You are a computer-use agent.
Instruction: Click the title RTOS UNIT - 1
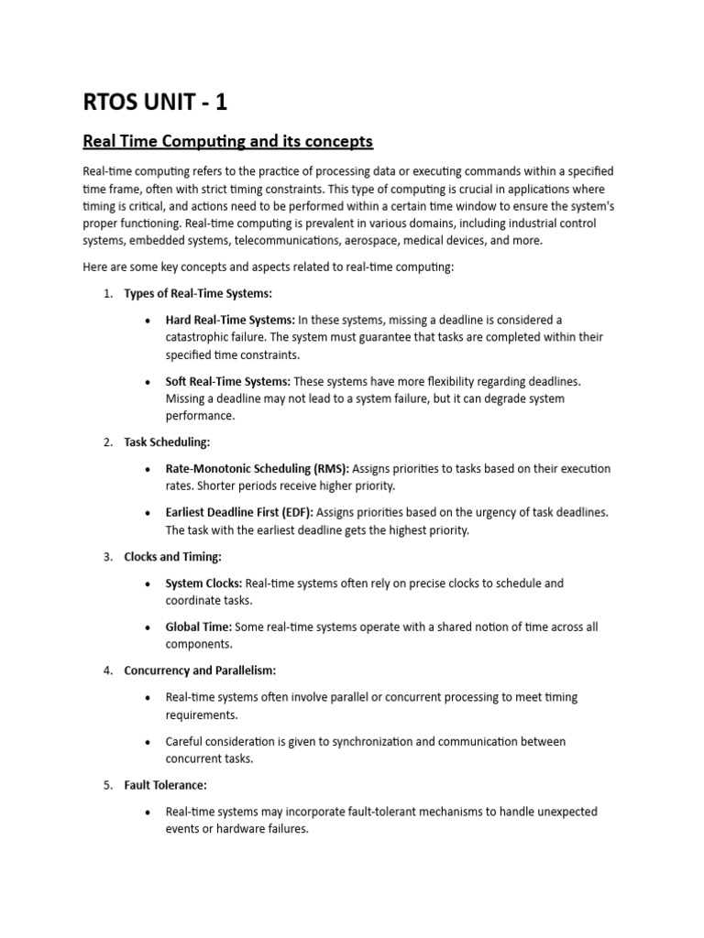click(x=155, y=102)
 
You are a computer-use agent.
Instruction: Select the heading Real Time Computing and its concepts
click(x=227, y=142)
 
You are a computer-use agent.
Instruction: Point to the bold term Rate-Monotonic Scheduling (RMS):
click(x=257, y=469)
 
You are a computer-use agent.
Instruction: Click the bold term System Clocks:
click(x=203, y=583)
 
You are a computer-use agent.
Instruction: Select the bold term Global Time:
click(x=199, y=627)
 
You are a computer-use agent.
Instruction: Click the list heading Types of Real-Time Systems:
click(x=198, y=293)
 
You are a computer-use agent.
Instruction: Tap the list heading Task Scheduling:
click(x=167, y=442)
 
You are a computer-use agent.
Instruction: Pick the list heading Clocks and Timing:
click(x=172, y=556)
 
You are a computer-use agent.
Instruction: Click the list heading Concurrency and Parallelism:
click(x=200, y=671)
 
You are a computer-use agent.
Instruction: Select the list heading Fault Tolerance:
click(x=166, y=785)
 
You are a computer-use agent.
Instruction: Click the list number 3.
click(x=107, y=556)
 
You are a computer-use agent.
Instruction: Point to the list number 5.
click(x=107, y=785)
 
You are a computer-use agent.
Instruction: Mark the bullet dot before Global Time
click(x=148, y=627)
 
